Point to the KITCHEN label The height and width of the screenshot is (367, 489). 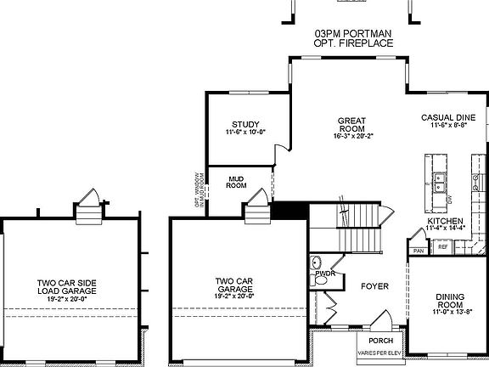[x=445, y=221]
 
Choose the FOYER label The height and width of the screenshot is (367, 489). [x=374, y=286]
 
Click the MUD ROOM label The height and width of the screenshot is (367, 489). [x=236, y=181]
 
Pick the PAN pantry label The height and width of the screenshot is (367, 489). [x=418, y=251]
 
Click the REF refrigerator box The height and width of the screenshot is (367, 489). [x=442, y=247]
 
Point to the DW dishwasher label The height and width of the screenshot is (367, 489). [x=450, y=199]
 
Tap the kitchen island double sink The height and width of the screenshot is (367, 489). [x=440, y=181]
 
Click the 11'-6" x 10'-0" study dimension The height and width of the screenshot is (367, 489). [x=245, y=133]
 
